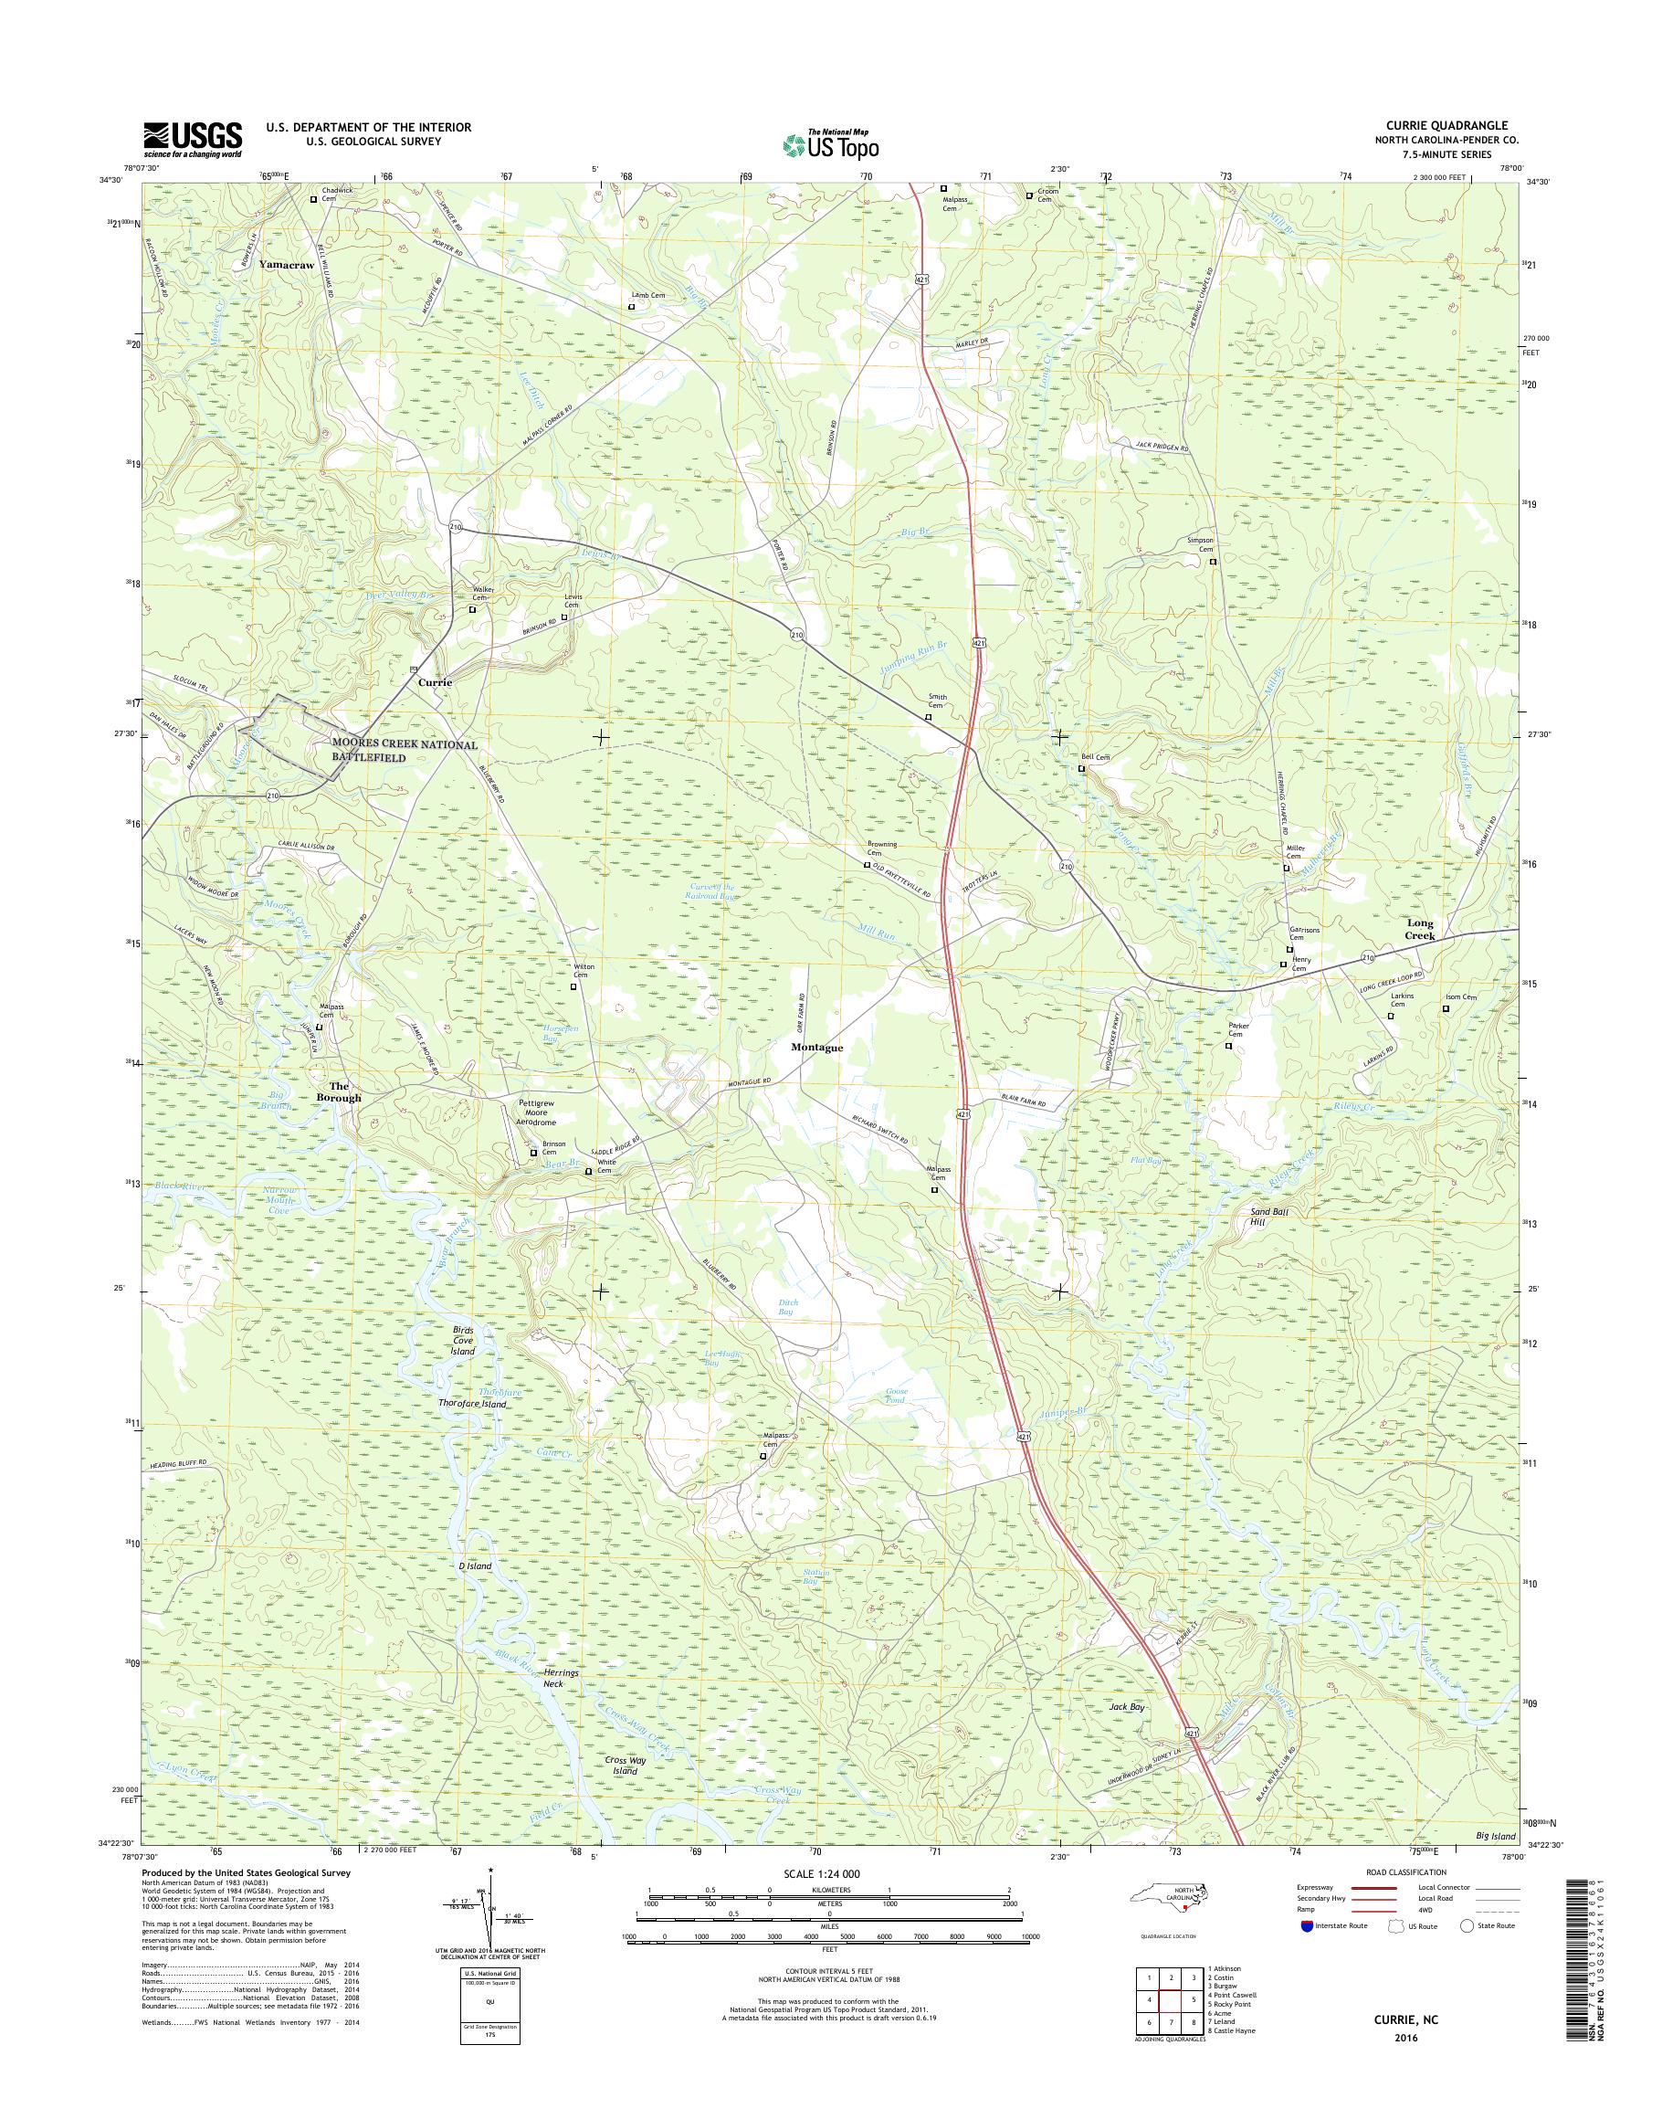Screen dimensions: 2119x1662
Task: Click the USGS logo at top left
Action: pyautogui.click(x=193, y=139)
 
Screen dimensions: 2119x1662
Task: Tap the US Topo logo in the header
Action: pyautogui.click(x=830, y=145)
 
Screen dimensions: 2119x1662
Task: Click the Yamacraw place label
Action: pyautogui.click(x=286, y=264)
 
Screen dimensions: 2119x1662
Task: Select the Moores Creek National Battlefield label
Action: pyautogui.click(x=405, y=750)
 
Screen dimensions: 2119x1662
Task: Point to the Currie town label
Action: pyautogui.click(x=435, y=683)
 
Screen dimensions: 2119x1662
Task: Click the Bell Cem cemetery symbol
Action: pyautogui.click(x=1081, y=768)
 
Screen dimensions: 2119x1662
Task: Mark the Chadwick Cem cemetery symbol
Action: pyautogui.click(x=313, y=199)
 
